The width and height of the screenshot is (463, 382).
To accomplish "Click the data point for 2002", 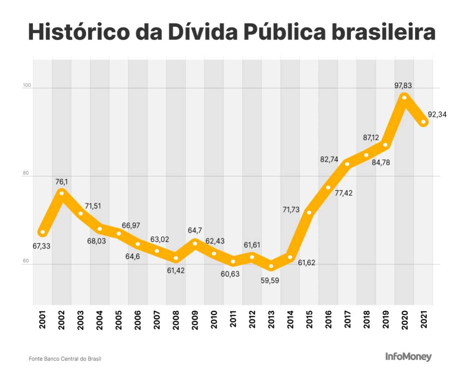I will click(x=62, y=192).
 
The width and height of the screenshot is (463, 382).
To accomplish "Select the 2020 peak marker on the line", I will click(x=404, y=97).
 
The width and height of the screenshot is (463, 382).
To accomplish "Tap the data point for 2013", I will click(x=271, y=266).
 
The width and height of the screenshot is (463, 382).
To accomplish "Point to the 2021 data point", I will click(x=423, y=122).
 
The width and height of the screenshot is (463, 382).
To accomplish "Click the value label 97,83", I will click(x=403, y=85).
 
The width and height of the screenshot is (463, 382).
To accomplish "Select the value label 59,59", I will click(x=270, y=281).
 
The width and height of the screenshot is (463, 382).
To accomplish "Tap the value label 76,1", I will click(x=62, y=182).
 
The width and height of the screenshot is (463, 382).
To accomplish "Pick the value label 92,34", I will click(x=437, y=115).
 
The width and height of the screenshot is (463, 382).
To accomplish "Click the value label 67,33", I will click(x=41, y=246).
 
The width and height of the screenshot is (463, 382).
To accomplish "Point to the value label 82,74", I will click(x=329, y=159).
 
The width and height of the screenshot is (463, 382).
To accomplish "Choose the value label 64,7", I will click(x=195, y=231).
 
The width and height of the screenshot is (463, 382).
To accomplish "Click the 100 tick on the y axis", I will click(x=27, y=85).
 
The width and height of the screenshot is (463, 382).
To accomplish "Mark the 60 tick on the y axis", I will click(x=25, y=261).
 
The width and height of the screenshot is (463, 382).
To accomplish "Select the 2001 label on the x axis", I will click(x=42, y=320).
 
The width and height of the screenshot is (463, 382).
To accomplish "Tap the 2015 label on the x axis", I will click(x=309, y=320).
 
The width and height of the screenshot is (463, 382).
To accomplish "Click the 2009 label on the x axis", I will click(x=195, y=320).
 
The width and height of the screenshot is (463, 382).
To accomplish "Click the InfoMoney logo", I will click(x=408, y=357).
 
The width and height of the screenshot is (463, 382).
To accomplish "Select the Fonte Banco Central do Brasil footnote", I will click(x=65, y=359).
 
